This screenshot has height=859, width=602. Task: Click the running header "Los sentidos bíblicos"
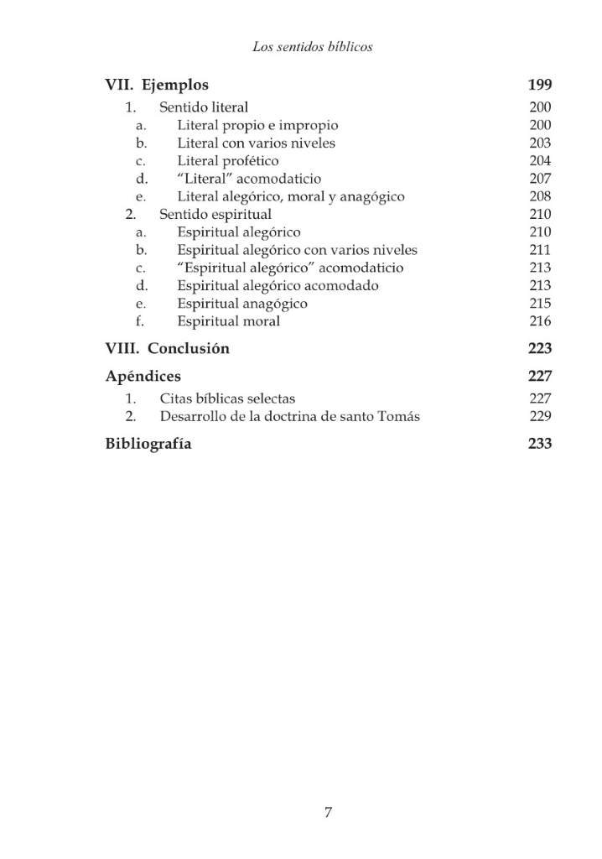point(312,47)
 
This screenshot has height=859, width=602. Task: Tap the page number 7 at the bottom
point(329,812)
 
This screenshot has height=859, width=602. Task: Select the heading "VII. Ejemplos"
point(157,85)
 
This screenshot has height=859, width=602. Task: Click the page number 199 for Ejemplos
point(540,85)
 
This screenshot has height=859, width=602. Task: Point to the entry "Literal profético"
point(228,161)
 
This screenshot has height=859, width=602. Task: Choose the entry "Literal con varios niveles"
point(256,143)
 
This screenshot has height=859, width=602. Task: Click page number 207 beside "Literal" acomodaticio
point(540,179)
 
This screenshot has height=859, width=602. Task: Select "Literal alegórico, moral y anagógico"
point(291,197)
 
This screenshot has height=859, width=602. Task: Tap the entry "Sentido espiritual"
point(215,215)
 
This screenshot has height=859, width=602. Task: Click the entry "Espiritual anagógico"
point(242,304)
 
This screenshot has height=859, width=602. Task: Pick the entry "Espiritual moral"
point(229,321)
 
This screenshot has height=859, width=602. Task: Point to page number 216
point(540,321)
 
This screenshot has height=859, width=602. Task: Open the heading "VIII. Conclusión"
point(167,349)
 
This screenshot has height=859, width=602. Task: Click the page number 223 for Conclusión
point(540,349)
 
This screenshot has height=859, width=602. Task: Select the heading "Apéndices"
point(143,376)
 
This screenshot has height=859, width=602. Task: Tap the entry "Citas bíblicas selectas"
point(227,398)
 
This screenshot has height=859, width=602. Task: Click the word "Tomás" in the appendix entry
point(401,417)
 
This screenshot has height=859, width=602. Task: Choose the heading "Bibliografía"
point(148,444)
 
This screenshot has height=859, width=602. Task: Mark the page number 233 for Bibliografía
point(540,444)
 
